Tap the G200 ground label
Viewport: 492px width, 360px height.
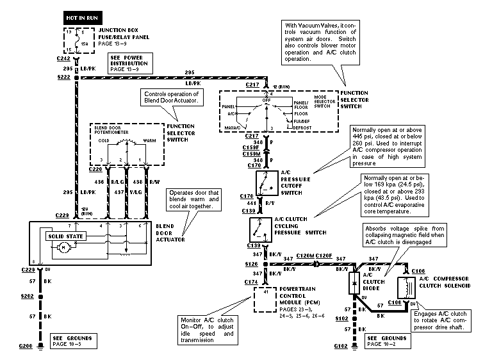(25, 346)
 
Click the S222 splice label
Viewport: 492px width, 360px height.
(62, 77)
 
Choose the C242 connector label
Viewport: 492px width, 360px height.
(63, 58)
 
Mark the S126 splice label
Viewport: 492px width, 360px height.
(252, 263)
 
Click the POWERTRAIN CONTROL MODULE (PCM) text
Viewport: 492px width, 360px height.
(301, 296)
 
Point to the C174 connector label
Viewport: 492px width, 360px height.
(252, 282)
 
